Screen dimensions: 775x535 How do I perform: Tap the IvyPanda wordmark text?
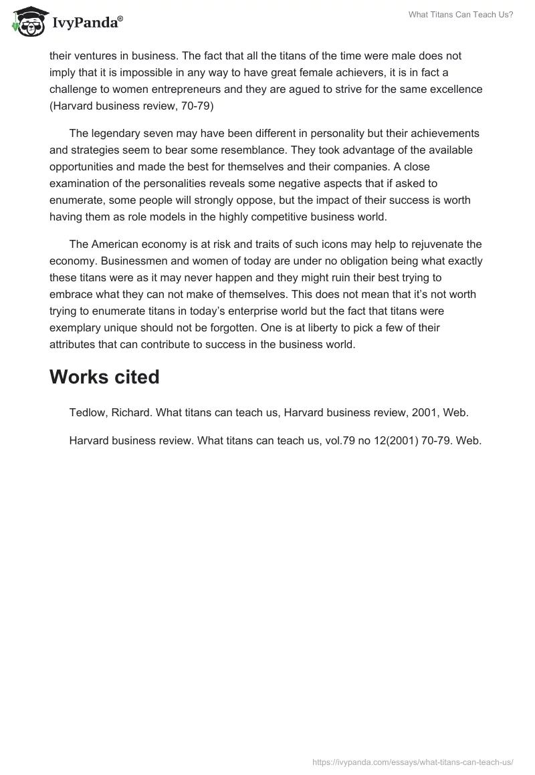(87, 23)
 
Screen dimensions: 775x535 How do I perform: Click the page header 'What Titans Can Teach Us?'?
(461, 15)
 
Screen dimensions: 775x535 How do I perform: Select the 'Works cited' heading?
(104, 377)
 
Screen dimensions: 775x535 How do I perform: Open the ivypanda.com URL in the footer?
(413, 760)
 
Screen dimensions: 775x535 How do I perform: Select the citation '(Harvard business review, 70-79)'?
(131, 106)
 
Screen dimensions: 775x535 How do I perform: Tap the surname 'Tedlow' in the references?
(88, 413)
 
